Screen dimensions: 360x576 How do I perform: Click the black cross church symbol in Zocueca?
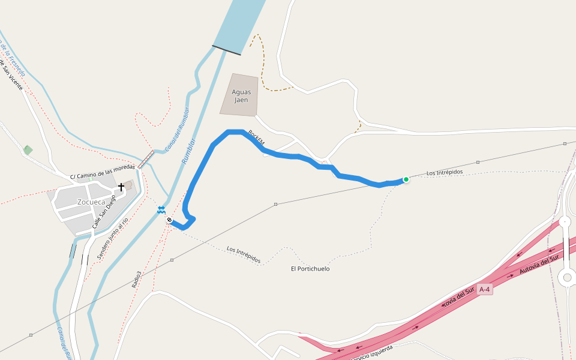tap(121, 187)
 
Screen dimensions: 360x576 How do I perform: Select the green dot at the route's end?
tap(406, 179)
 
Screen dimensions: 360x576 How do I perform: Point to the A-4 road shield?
tap(485, 290)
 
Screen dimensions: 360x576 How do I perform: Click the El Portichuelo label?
tap(310, 269)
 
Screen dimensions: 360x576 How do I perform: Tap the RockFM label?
tap(256, 139)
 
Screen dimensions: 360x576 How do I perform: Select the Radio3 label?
tap(138, 280)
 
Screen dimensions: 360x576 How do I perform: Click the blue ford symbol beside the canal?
tap(161, 209)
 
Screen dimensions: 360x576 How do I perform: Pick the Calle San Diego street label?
tap(104, 211)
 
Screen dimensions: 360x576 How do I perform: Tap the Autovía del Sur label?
tap(539, 268)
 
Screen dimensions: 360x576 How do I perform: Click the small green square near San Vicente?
tap(28, 149)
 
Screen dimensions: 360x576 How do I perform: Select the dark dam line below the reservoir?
tap(227, 50)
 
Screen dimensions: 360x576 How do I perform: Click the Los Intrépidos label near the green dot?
tap(445, 173)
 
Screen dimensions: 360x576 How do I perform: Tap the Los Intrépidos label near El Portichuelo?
tap(244, 254)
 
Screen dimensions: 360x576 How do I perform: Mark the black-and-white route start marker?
tap(170, 220)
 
